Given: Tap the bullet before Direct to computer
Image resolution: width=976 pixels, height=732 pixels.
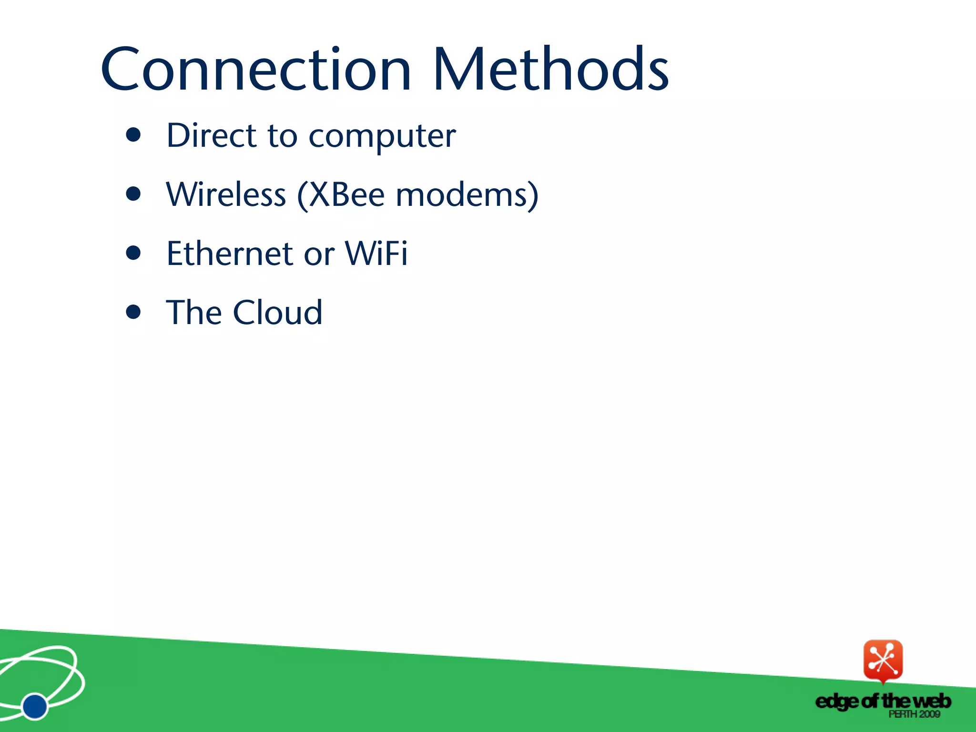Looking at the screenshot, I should click(133, 135).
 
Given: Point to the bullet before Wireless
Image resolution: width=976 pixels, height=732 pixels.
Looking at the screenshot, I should click(133, 194).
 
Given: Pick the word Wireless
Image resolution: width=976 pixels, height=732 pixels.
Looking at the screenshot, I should click(226, 195).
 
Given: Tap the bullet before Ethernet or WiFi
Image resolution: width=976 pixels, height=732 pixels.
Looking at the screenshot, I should click(133, 253).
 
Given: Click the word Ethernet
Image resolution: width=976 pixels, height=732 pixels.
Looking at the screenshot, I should click(230, 254).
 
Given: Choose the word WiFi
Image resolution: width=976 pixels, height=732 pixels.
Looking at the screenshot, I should click(376, 254).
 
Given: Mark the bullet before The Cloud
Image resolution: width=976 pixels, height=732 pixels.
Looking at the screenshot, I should click(133, 312).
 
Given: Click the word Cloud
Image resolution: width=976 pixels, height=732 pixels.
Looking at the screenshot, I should click(277, 313).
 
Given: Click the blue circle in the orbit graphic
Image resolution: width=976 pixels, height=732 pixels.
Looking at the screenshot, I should click(35, 706).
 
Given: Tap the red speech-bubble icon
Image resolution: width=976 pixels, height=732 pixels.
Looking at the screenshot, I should click(883, 660).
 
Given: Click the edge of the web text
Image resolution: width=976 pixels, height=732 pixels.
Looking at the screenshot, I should click(883, 701).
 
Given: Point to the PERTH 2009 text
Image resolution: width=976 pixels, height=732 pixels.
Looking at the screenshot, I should click(914, 714).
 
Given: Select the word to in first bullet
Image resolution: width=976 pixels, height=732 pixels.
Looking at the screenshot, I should click(282, 136).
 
